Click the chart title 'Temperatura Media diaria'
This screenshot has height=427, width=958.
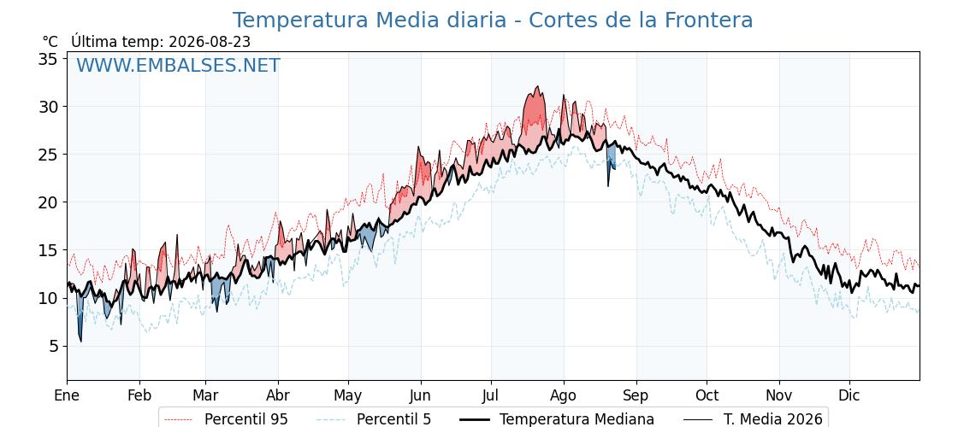click(369, 20)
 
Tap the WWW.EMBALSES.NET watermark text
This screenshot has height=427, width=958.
click(179, 65)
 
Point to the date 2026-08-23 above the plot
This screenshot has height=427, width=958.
click(210, 42)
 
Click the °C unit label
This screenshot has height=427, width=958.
click(50, 42)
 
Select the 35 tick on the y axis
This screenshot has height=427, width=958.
click(49, 59)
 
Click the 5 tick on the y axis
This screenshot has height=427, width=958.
click(54, 346)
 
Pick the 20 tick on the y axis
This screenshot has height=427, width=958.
click(49, 202)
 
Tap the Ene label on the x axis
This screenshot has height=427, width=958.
click(68, 395)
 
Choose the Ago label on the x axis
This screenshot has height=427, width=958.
click(563, 395)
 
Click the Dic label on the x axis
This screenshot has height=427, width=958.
click(849, 395)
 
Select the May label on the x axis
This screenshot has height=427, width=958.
click(347, 395)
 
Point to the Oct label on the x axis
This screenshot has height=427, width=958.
click(707, 395)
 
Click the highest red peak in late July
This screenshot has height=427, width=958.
click(538, 86)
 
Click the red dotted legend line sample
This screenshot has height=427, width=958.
click(179, 419)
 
